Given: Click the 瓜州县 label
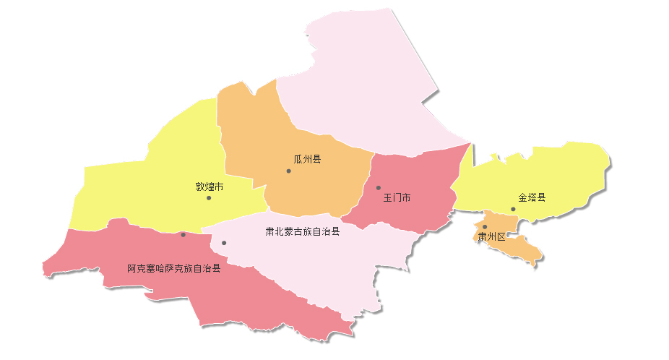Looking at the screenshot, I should click(307, 159).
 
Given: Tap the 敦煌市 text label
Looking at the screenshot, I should click(210, 186).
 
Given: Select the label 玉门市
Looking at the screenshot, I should click(397, 197).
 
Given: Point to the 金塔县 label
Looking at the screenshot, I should click(532, 197).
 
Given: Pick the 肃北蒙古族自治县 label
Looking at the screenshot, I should click(302, 232).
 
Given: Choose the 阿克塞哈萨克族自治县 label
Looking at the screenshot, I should click(173, 268).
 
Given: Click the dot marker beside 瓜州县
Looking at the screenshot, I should click(288, 171).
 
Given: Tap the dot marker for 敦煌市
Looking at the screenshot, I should click(209, 197).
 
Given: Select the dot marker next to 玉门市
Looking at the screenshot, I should click(378, 188).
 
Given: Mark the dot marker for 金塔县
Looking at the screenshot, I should click(513, 209).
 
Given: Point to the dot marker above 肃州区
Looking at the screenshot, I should click(485, 227).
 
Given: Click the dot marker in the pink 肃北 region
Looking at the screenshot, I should click(224, 243).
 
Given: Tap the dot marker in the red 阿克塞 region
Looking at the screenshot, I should click(184, 234).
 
